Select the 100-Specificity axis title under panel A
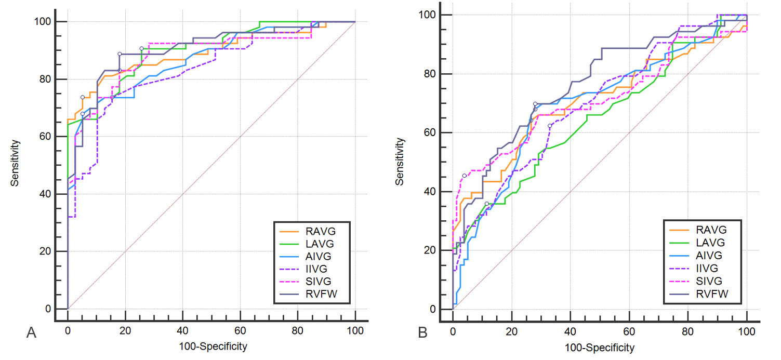(x=211, y=345)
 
